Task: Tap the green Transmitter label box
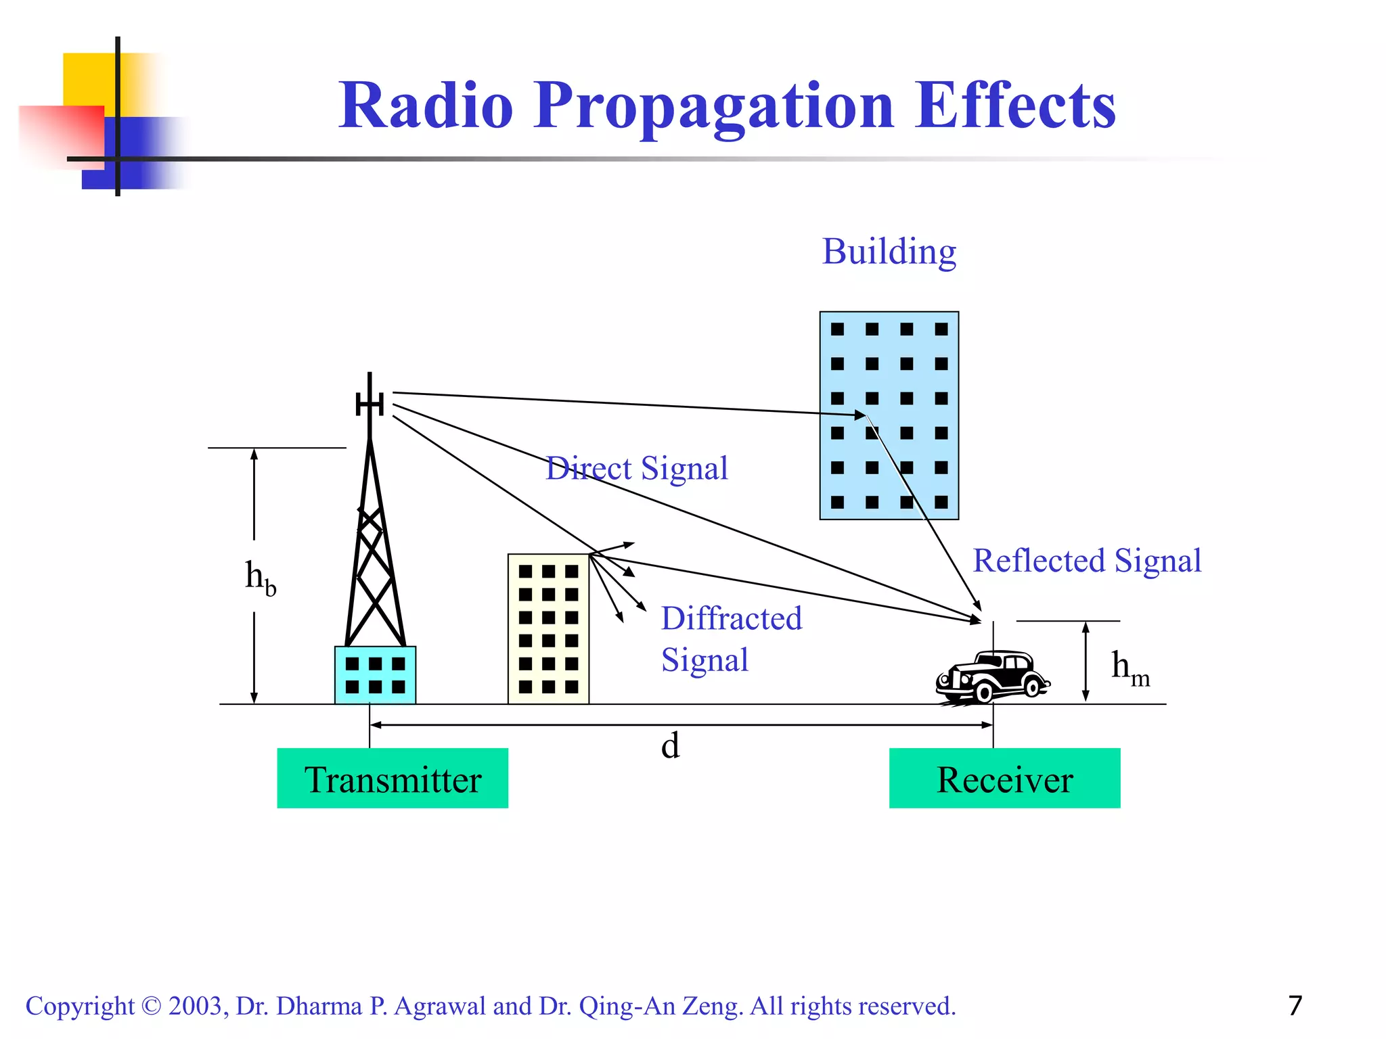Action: click(393, 779)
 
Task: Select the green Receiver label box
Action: click(1004, 779)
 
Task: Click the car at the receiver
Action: click(993, 676)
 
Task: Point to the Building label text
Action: click(889, 252)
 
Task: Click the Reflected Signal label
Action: click(1087, 561)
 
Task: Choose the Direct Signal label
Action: click(637, 468)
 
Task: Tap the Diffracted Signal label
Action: click(731, 639)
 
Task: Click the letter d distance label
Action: click(670, 746)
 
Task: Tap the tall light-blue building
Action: click(889, 415)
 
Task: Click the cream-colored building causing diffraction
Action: click(548, 629)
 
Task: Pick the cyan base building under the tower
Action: click(375, 675)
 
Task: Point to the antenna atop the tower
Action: click(370, 404)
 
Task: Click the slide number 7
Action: click(1295, 1006)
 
